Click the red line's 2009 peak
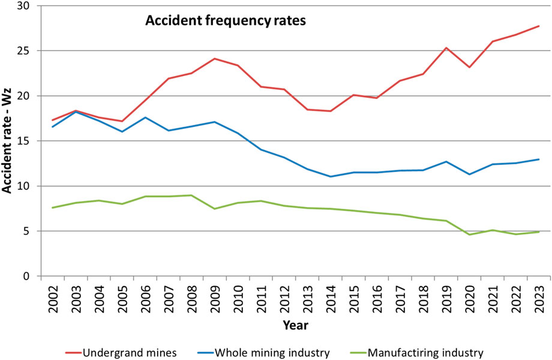[215, 58]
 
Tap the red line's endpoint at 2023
[539, 26]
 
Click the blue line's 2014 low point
[331, 176]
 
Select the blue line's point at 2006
[145, 118]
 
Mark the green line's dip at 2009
[215, 209]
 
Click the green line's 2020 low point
[469, 235]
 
